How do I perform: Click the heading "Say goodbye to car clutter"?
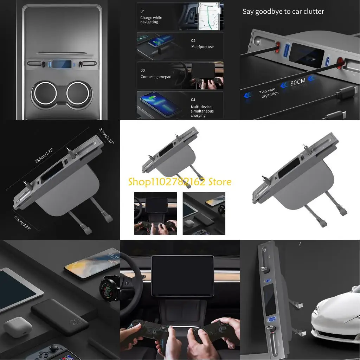tap(283, 12)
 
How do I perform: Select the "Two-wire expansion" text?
tap(269, 93)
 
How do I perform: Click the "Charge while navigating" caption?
tap(151, 20)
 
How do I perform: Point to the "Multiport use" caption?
tap(202, 47)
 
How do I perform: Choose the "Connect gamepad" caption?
tap(156, 77)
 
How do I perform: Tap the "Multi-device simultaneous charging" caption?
tap(202, 111)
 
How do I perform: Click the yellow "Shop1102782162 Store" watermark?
tap(180, 182)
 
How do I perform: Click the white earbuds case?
tap(18, 327)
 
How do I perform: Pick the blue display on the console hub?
tap(63, 64)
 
